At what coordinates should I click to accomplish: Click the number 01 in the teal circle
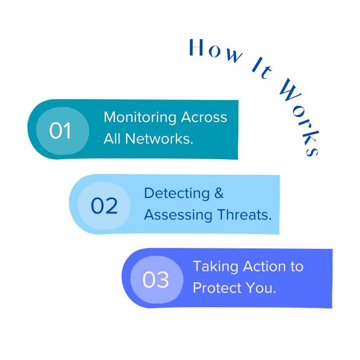60,131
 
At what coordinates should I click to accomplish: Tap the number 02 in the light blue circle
104,206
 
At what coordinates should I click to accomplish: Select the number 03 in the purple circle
156,280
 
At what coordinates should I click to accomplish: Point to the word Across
204,118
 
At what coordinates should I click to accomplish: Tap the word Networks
159,139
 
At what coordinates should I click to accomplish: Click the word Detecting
176,193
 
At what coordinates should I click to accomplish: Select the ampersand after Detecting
219,193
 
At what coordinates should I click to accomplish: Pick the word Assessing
172,215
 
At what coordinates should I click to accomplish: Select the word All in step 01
112,139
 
